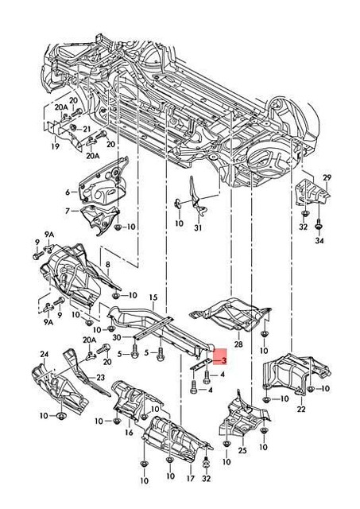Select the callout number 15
click(x=154, y=297)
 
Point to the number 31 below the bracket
click(x=199, y=230)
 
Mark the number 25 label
click(x=242, y=452)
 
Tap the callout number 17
click(x=189, y=480)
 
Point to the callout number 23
click(x=101, y=378)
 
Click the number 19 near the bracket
click(x=56, y=147)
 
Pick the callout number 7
click(x=68, y=211)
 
